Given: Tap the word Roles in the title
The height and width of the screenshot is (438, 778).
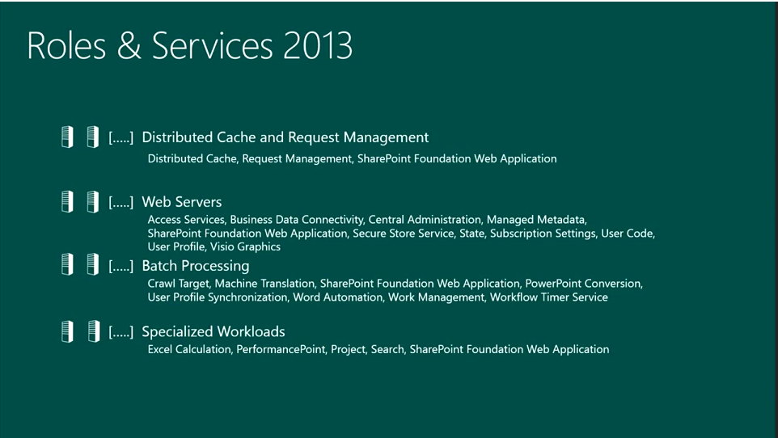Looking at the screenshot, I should (67, 46).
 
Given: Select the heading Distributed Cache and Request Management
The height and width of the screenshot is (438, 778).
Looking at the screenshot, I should (285, 137).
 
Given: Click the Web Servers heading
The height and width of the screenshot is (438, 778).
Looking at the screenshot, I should (181, 202).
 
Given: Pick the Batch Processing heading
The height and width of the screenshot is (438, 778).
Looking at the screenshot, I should (195, 266).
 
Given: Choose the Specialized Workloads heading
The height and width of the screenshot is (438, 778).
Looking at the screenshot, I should (213, 331).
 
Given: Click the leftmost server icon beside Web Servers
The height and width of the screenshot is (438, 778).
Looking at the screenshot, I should (68, 201).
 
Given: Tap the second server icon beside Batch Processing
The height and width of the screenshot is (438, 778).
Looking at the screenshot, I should (93, 265).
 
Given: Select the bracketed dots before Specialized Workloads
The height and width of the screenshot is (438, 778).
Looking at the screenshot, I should (121, 331).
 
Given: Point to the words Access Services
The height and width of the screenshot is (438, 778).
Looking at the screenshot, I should (186, 219).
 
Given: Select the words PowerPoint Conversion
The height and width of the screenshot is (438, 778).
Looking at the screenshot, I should (582, 284).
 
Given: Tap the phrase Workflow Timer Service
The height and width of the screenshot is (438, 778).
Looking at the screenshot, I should (548, 297).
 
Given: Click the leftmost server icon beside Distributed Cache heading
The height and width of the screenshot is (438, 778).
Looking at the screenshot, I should (68, 137).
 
